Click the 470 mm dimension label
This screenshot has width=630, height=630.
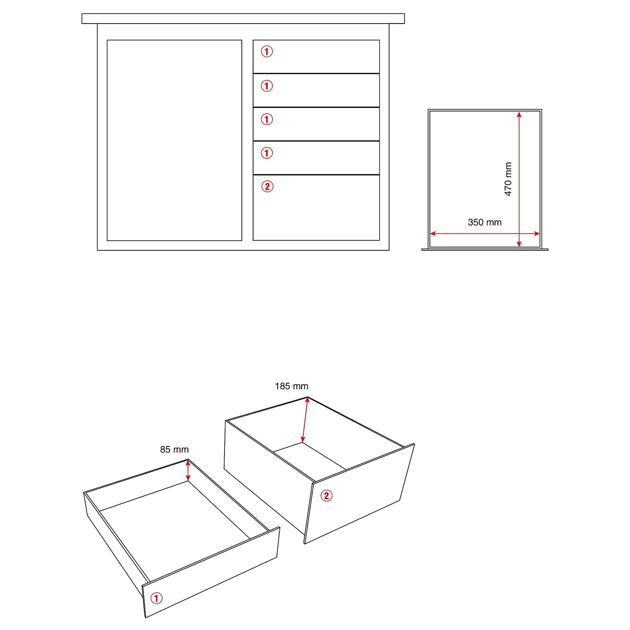click(508, 179)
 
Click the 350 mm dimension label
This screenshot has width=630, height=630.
click(484, 222)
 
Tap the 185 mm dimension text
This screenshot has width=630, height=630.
click(291, 386)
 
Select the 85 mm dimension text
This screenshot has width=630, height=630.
click(174, 450)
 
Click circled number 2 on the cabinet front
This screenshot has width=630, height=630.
click(267, 187)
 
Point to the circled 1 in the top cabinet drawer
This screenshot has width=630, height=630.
click(267, 51)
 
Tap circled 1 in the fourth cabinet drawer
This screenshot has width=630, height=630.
click(267, 153)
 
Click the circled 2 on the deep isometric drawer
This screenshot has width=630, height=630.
click(326, 496)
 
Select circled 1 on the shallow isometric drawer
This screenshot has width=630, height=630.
click(156, 598)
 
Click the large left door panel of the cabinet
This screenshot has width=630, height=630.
click(174, 140)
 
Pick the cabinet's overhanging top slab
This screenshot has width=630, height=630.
click(243, 19)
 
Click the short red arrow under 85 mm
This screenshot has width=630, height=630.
click(188, 470)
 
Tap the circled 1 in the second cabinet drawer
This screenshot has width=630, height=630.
click(267, 86)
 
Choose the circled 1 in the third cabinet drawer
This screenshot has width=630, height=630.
click(267, 119)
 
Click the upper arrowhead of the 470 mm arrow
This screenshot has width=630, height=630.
click(519, 114)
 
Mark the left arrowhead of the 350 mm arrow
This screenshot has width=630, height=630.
click(433, 233)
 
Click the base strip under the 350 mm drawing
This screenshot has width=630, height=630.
click(485, 249)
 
